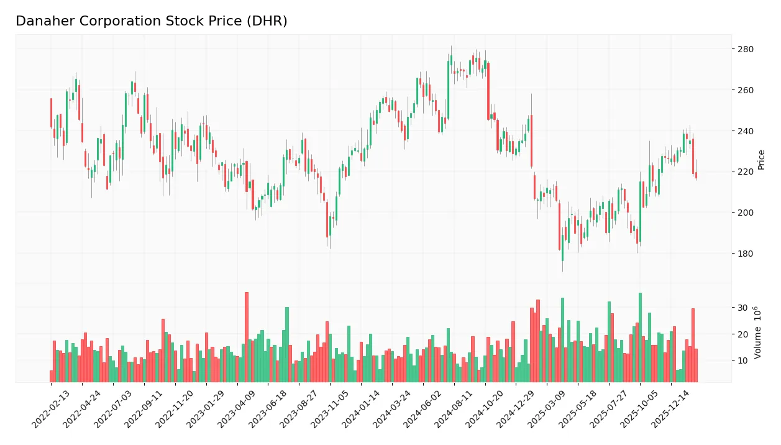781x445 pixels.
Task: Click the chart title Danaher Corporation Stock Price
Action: pos(151,21)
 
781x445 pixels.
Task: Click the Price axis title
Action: pos(761,160)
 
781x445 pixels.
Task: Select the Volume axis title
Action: pos(758,333)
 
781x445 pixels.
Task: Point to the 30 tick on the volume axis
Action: pos(742,308)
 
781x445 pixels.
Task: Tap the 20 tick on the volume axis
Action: pos(742,334)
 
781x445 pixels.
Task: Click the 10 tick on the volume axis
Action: pos(742,360)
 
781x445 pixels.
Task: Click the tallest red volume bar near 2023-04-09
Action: pos(247,337)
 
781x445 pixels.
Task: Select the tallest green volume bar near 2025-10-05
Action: pos(640,337)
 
